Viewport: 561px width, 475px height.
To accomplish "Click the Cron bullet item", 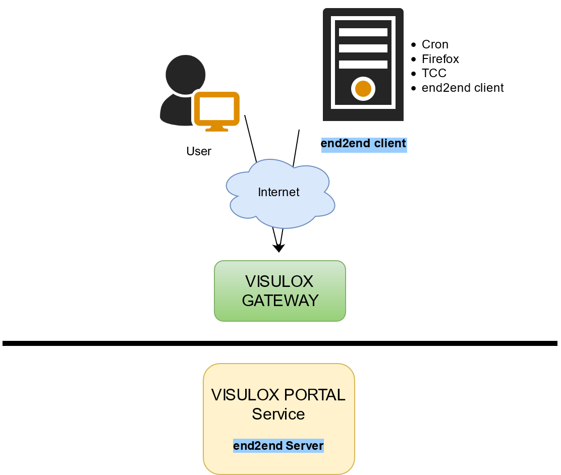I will (x=435, y=44).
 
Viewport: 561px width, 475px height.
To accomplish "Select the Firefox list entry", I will (x=440, y=59).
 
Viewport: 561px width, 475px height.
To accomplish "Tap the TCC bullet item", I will (x=434, y=73).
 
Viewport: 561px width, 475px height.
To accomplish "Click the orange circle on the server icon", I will (x=363, y=89).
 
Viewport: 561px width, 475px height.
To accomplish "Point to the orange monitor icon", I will (x=216, y=109).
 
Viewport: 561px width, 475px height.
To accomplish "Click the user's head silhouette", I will (x=186, y=74).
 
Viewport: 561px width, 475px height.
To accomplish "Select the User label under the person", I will (x=199, y=151).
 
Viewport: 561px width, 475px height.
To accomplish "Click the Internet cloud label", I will (x=278, y=192).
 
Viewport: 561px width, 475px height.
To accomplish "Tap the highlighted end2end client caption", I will (x=363, y=144).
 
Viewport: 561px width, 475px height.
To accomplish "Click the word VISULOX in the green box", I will (x=279, y=281).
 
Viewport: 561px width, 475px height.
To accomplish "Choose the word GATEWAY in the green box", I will (x=280, y=301).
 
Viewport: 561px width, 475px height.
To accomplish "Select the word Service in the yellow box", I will (x=278, y=414).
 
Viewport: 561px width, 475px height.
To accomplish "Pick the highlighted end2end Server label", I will (x=278, y=446).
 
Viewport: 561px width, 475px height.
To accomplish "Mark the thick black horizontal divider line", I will (x=280, y=343).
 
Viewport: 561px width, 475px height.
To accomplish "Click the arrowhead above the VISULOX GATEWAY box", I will (x=278, y=248).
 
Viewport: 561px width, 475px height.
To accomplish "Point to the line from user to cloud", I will (x=250, y=138).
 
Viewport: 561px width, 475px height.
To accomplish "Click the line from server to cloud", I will (x=296, y=147).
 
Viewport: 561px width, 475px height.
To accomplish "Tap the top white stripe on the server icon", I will (x=363, y=32).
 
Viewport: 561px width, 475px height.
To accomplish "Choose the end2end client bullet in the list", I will (x=463, y=88).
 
